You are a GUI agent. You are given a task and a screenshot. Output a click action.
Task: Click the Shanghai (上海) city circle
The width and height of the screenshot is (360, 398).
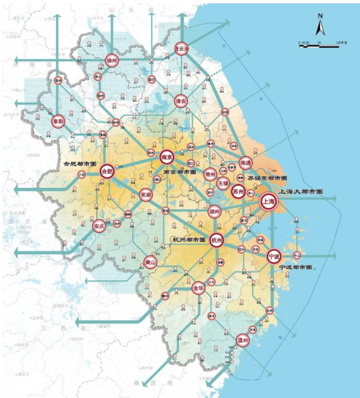click(x=268, y=202)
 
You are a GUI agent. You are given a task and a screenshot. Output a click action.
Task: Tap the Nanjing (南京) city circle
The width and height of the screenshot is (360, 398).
click(x=167, y=156)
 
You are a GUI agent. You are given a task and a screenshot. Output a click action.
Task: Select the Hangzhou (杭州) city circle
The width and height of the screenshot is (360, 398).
click(x=217, y=240)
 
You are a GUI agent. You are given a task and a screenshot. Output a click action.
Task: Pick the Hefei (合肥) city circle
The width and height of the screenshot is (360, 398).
click(x=107, y=171)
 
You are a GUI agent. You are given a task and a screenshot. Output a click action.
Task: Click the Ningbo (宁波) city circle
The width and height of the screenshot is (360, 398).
click(x=274, y=257)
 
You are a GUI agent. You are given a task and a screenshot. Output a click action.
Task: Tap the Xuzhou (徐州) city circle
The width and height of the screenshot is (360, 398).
click(x=111, y=61)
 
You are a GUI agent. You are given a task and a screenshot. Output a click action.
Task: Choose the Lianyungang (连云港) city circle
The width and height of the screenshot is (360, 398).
click(x=181, y=49)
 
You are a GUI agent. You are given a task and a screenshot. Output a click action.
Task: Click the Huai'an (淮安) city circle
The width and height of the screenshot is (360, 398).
click(x=181, y=101)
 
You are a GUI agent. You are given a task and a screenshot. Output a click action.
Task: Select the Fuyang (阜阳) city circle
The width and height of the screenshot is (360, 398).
click(x=58, y=119)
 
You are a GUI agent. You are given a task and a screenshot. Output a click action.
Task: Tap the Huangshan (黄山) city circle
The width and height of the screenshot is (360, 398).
click(x=150, y=262)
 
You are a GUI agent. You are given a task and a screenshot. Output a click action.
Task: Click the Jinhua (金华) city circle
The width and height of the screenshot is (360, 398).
click(x=198, y=288)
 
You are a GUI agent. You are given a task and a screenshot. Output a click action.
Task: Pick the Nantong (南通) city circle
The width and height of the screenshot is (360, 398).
click(x=245, y=163)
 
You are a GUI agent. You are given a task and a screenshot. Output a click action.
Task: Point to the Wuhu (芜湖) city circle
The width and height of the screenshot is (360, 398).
click(x=145, y=194)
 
